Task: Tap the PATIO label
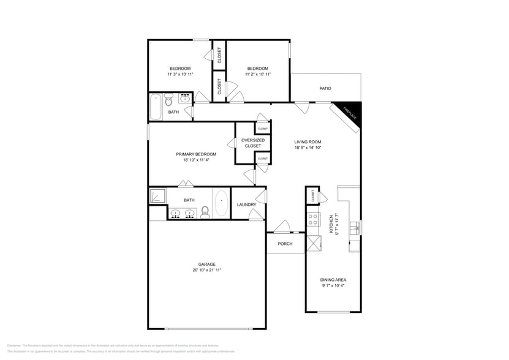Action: (x=325, y=89)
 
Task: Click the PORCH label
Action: (x=285, y=244)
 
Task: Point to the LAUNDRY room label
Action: (x=246, y=204)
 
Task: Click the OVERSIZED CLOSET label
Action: (x=253, y=143)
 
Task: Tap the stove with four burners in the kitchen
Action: (x=313, y=219)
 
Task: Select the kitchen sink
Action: (x=353, y=229)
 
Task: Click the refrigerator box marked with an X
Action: (x=314, y=243)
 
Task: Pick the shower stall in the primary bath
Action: (x=158, y=196)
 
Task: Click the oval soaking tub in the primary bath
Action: (x=221, y=203)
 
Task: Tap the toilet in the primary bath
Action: (x=205, y=212)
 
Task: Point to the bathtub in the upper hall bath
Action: (x=156, y=107)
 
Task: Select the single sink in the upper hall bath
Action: (x=184, y=98)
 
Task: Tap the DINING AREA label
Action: (x=334, y=280)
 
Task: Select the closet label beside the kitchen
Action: (x=313, y=196)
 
